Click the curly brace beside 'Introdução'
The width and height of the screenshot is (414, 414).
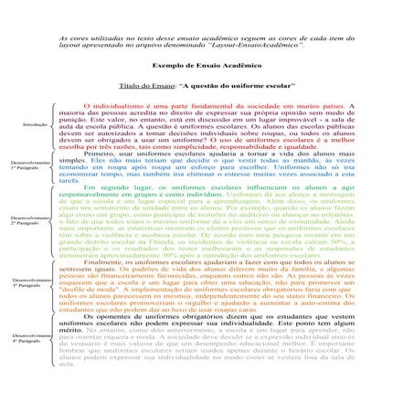[x=56, y=123]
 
